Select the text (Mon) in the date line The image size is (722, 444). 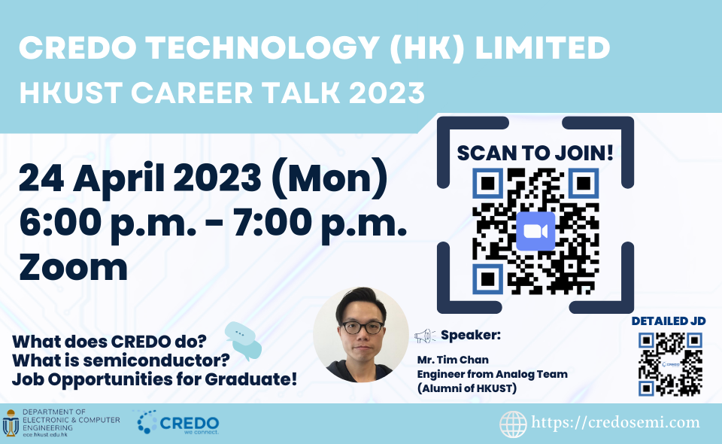point(330,178)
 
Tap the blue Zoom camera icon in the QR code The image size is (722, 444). point(535,231)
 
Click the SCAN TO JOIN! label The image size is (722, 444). point(535,153)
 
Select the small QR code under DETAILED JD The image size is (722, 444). point(670,364)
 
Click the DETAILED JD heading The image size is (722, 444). point(669,321)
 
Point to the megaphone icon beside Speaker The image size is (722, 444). point(424,336)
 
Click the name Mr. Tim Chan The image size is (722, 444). point(453,360)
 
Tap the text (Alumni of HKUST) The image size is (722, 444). point(467,388)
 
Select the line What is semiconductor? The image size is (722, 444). point(120,360)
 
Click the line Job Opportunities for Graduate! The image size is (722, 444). point(154,379)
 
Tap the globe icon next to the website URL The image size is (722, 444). point(513,424)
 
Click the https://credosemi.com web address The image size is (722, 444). point(615,422)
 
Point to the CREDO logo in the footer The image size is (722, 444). point(178,422)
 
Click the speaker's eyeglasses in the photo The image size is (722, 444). point(362,327)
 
